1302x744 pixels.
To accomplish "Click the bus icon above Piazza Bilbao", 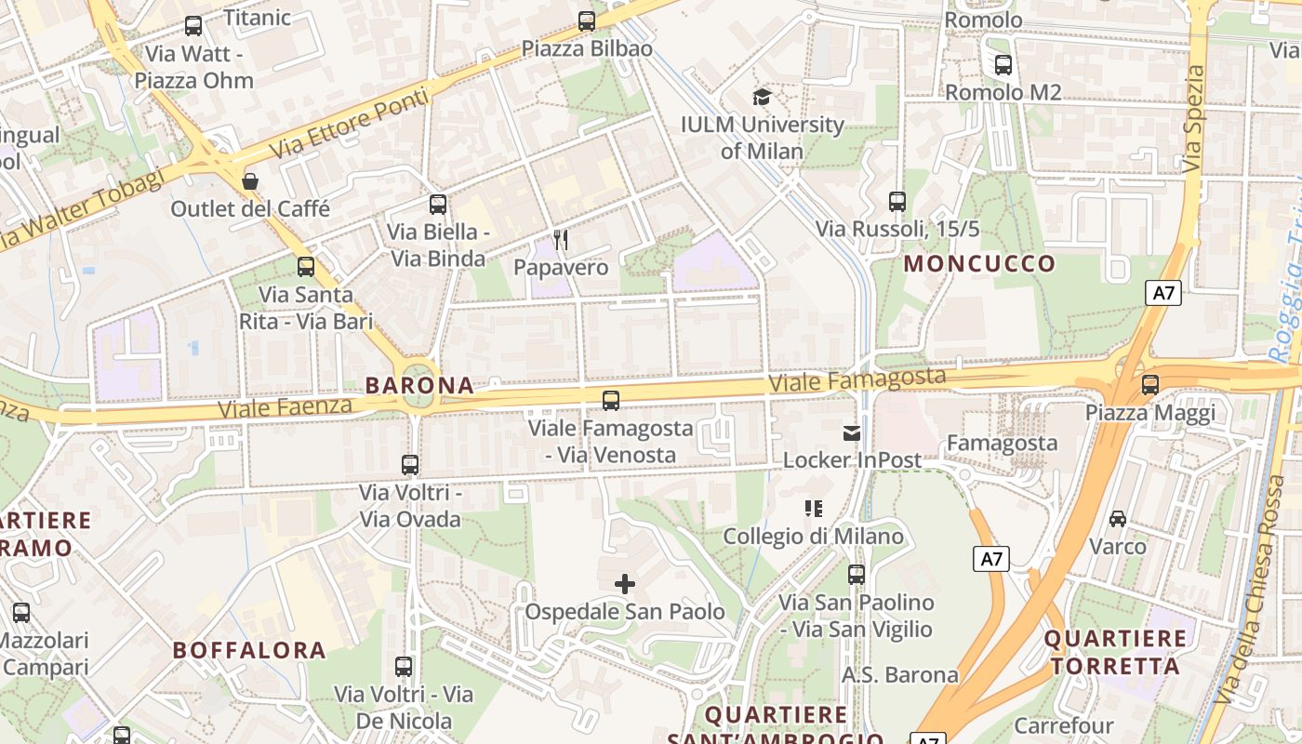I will tap(587, 20).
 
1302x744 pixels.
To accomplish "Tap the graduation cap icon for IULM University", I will tap(762, 97).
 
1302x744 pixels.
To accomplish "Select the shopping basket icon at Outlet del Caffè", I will tap(249, 180).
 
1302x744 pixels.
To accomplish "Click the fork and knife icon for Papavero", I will tap(561, 240).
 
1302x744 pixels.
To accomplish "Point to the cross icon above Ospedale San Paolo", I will tap(625, 584).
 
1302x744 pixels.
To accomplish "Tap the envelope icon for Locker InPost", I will tap(852, 432).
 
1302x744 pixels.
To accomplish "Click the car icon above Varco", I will tap(1118, 518).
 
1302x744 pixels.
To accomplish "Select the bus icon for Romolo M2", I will tap(1003, 65).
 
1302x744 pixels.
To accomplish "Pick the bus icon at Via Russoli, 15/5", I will tap(897, 201).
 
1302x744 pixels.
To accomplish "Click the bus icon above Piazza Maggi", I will tap(1150, 384).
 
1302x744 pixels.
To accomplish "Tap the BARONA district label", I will tap(419, 385).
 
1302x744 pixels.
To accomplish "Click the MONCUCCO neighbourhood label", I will tap(979, 263).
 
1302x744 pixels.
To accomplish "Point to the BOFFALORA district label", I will tap(249, 650).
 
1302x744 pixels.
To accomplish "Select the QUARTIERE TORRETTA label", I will tap(1115, 652).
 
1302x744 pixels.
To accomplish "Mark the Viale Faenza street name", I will tap(285, 406).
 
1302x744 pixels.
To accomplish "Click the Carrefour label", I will tap(1064, 725).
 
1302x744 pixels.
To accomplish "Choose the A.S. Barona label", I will tap(899, 674).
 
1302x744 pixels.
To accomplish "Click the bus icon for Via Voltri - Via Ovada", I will tap(410, 464).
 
